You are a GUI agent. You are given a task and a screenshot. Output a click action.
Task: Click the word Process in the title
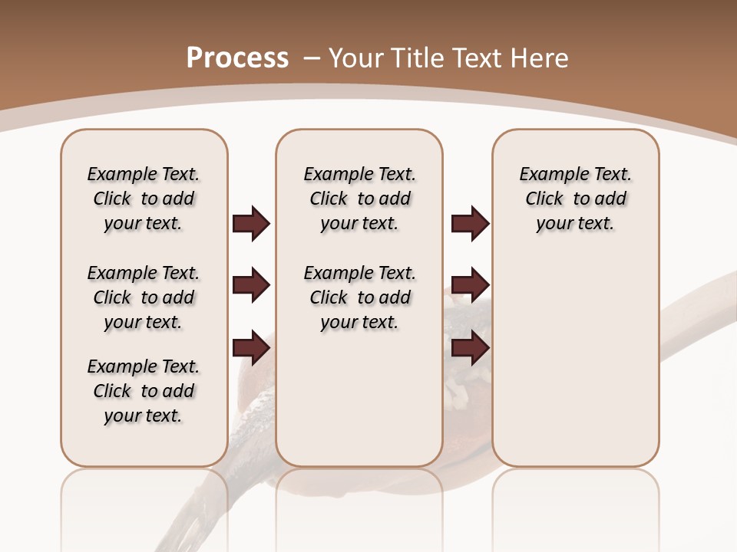[237, 58]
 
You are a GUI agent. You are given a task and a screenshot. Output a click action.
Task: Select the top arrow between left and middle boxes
[251, 224]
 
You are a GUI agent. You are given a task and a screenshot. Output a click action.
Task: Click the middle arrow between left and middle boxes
[251, 285]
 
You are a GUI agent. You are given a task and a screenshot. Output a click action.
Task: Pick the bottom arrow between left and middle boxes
[251, 347]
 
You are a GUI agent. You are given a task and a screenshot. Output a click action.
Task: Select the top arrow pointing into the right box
[470, 224]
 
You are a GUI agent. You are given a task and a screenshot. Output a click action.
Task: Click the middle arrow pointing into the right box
[470, 285]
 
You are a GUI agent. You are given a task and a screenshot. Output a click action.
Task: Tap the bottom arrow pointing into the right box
[470, 347]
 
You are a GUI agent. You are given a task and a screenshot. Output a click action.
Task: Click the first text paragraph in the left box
[144, 199]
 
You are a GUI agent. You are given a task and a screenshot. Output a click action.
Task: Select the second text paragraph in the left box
[144, 297]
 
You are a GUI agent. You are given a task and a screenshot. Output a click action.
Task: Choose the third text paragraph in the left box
[144, 391]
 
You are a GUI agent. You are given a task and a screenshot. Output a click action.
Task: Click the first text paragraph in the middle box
[360, 199]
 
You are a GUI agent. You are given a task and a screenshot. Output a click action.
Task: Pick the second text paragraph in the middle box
[360, 297]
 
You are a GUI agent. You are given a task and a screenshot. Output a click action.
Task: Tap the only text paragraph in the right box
[576, 199]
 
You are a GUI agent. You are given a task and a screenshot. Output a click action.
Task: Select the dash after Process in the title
[312, 58]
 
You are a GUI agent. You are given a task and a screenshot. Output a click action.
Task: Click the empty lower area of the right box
[576, 368]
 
